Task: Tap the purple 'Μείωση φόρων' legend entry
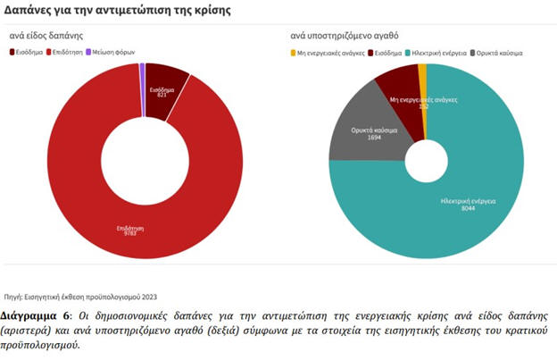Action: pos(114,53)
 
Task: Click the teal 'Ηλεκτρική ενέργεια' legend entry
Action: pos(438,53)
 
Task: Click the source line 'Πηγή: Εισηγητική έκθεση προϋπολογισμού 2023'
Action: pos(80,297)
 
